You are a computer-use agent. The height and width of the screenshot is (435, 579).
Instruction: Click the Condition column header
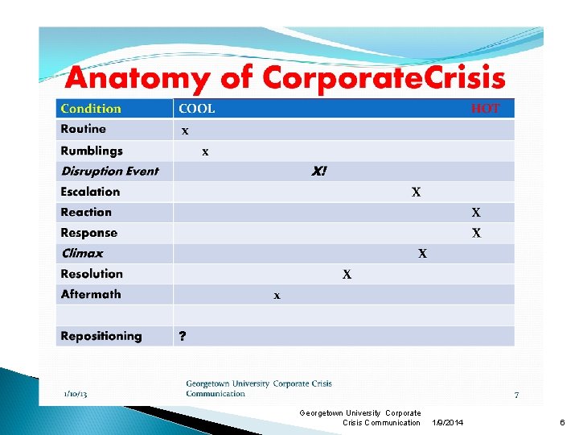91,109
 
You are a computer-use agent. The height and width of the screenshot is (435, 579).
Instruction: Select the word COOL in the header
197,109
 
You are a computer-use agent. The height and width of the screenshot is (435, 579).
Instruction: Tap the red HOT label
485,109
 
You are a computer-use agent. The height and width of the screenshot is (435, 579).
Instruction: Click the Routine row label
83,129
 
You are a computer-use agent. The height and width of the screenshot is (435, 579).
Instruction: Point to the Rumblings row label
92,151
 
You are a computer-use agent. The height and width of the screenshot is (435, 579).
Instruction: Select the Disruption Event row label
109,171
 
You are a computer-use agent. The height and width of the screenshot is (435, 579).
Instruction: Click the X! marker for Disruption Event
319,172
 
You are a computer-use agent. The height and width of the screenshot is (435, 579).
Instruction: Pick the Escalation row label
90,192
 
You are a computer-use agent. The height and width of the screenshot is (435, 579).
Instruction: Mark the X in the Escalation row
416,193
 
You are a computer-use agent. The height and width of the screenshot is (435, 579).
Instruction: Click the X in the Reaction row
476,213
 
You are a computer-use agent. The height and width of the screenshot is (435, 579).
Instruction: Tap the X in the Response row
476,234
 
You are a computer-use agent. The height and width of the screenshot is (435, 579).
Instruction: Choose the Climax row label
82,253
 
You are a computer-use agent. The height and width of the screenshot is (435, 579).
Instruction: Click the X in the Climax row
422,254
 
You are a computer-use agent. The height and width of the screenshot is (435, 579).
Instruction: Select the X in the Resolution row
347,275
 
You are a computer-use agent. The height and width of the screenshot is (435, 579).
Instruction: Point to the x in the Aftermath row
277,296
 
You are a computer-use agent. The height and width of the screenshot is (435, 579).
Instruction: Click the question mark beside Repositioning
183,337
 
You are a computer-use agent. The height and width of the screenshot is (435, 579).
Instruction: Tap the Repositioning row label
101,336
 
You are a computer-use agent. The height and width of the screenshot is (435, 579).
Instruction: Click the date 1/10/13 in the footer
76,393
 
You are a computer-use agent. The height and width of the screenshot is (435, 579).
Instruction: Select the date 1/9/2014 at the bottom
448,422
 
